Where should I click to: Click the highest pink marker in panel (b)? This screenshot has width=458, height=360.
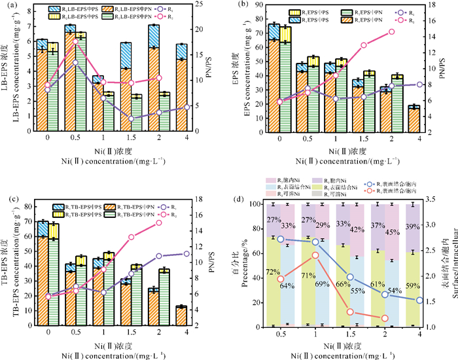392,31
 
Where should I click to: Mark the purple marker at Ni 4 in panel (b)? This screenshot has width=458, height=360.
419,84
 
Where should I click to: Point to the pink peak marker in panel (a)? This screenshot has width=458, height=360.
75,41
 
